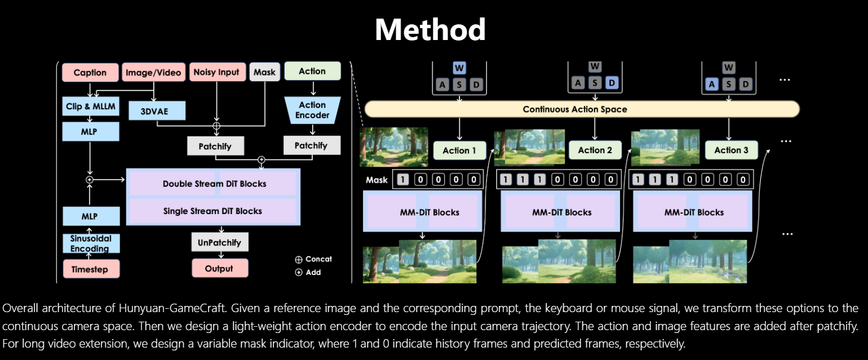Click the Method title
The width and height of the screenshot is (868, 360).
coord(430,29)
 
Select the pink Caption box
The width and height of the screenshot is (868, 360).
coord(90,73)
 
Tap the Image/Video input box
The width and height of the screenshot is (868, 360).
coord(153,73)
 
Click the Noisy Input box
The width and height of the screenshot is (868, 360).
coord(216,72)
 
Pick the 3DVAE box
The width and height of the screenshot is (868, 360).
coord(157,111)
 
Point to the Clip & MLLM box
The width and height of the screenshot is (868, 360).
coord(90,106)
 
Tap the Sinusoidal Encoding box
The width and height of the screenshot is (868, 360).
coord(90,243)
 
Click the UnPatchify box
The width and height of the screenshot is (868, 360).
coord(219,243)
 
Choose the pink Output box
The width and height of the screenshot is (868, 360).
coord(219,269)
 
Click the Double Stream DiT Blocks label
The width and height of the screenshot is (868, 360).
coord(214,184)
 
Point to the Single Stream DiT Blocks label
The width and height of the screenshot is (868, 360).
coord(212,211)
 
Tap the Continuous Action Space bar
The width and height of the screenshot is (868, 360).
coord(582,109)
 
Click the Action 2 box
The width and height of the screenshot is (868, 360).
coord(595,150)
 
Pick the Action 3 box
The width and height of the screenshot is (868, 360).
coord(731,150)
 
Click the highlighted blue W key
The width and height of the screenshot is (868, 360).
coord(459,69)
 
